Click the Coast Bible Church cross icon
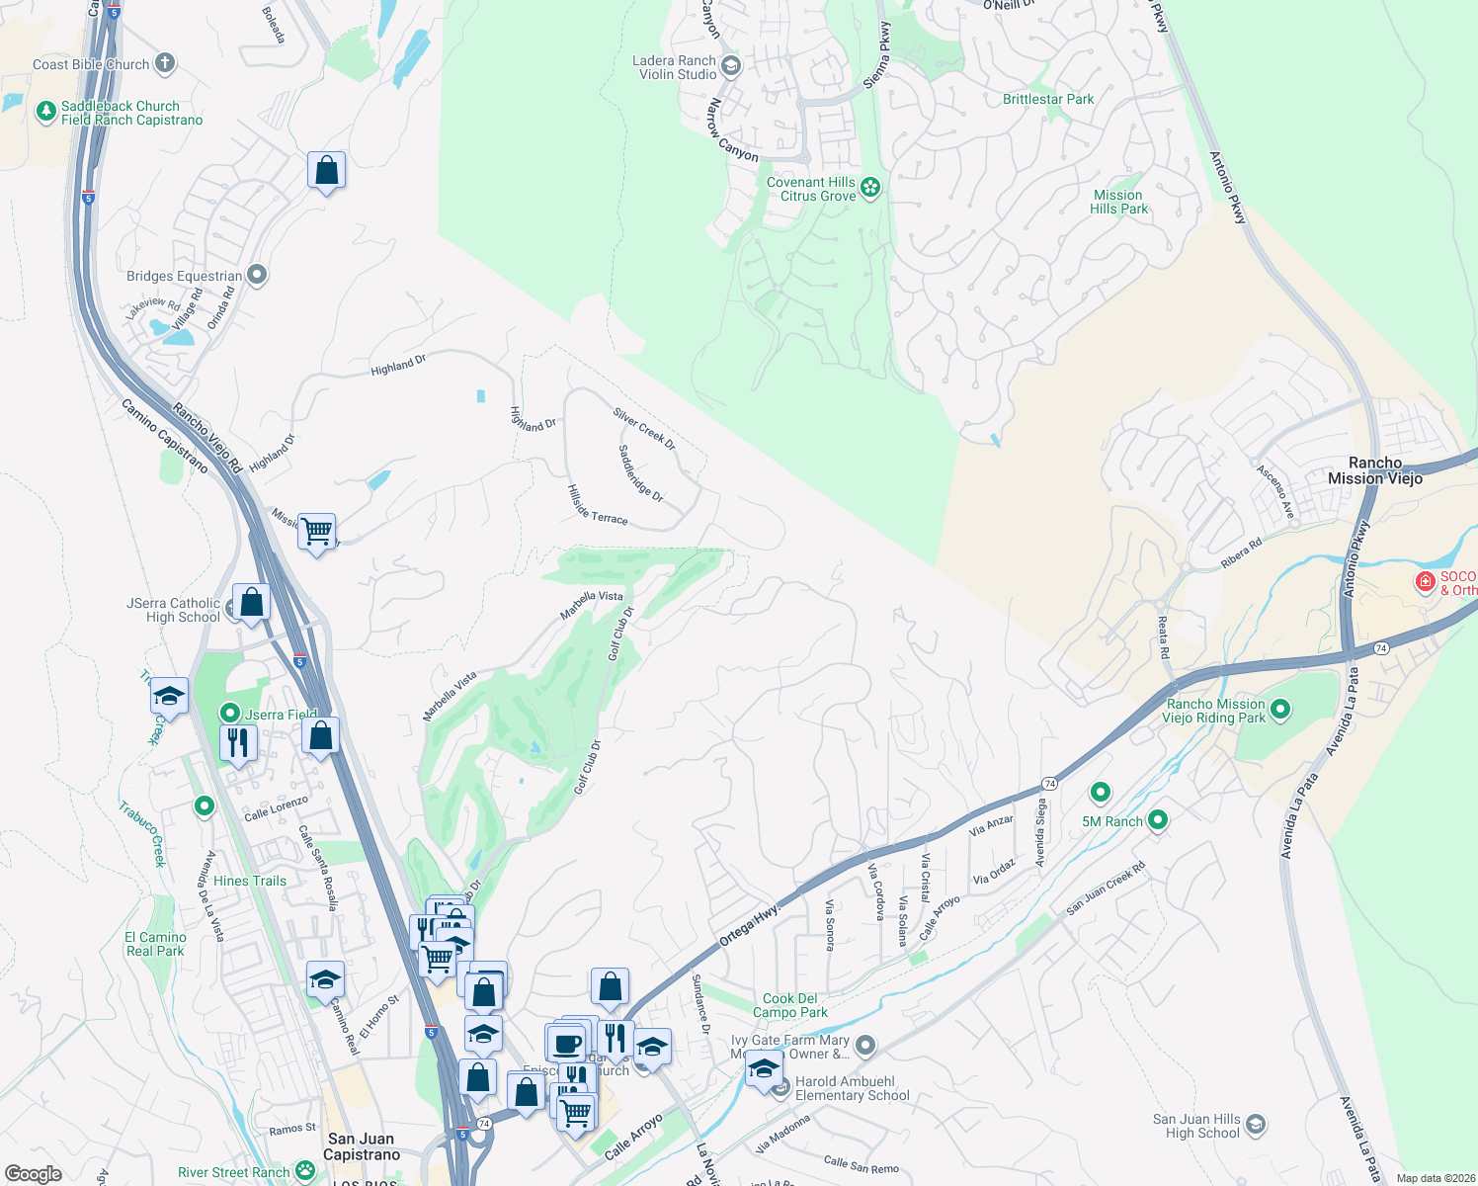tap(165, 64)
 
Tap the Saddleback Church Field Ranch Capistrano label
tap(131, 113)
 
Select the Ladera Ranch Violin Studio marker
tap(731, 67)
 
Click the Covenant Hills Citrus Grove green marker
tap(870, 188)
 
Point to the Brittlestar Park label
tap(1048, 99)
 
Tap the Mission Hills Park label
tap(1118, 202)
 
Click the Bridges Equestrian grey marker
tap(257, 275)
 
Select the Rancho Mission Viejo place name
tap(1375, 470)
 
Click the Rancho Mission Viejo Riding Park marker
tap(1280, 709)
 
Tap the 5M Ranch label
tap(1111, 821)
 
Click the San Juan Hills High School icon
tap(1256, 1125)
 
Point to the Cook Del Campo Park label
tap(790, 1005)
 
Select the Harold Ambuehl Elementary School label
tap(852, 1088)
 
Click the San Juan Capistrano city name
tap(362, 1146)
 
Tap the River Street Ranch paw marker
tap(305, 1172)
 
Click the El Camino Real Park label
tap(155, 944)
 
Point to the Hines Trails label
tap(250, 881)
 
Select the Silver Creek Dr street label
tap(644, 429)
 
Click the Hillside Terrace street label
tap(597, 504)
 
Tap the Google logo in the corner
tap(34, 1173)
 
